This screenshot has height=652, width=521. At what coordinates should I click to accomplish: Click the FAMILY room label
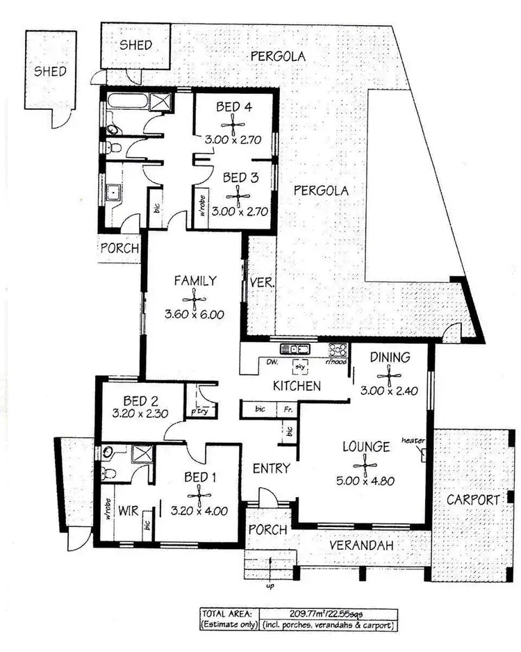click(195, 281)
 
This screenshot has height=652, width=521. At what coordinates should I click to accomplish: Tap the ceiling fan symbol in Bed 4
click(238, 124)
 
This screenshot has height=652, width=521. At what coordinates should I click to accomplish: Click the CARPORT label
click(473, 499)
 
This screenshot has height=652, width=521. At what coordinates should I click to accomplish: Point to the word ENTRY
click(270, 468)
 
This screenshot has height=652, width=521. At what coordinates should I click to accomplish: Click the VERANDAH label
click(361, 546)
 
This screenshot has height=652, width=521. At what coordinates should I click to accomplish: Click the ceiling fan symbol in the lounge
click(364, 464)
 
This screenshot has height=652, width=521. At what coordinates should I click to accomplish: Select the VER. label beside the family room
click(262, 283)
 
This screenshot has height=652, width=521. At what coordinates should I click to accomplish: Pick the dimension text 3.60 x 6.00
click(195, 314)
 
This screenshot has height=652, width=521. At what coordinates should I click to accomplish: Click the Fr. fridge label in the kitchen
click(288, 410)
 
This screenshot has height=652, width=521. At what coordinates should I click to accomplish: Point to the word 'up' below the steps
click(269, 586)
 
